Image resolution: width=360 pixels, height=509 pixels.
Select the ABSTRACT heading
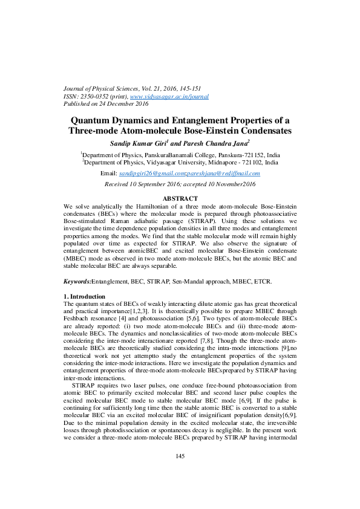coord(180,199)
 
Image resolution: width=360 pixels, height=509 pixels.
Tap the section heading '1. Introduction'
coord(85,296)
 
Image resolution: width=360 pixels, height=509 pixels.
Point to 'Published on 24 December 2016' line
coord(106,103)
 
